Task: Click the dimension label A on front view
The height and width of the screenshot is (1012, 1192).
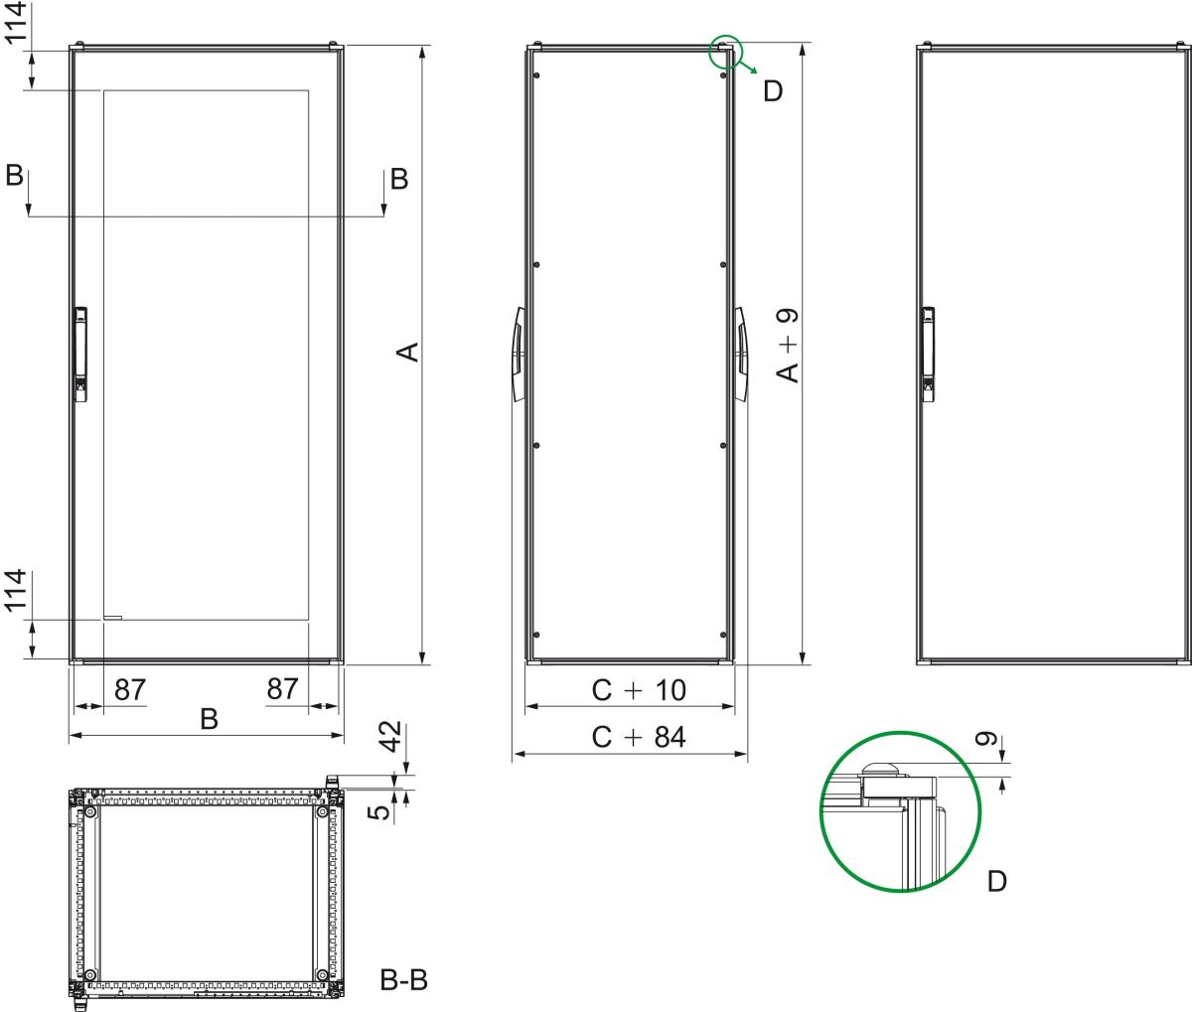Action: tap(408, 352)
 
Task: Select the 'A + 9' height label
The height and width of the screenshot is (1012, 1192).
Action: tap(787, 345)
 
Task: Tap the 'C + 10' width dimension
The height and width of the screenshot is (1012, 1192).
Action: tap(639, 689)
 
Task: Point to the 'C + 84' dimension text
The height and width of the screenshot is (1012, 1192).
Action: tap(639, 737)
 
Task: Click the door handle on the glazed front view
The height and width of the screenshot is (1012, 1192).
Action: tap(80, 354)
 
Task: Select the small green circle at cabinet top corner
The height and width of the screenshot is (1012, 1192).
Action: tap(725, 52)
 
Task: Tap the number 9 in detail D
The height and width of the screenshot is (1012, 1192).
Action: tap(985, 740)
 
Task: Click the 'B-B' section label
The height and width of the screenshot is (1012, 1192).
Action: tap(404, 980)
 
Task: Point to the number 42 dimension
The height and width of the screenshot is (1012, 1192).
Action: tap(391, 738)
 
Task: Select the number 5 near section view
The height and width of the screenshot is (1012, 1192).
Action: tap(378, 812)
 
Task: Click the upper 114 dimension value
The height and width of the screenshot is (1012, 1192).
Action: tap(14, 23)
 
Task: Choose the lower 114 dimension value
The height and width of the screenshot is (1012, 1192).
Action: tap(14, 593)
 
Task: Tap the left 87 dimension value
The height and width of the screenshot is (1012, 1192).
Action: tap(130, 689)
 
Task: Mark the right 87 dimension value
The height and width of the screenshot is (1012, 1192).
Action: tap(283, 689)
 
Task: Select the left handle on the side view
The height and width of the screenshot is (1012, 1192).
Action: tap(519, 354)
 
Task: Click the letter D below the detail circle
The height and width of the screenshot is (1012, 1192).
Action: tap(997, 881)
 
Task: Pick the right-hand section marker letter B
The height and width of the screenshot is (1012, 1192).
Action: tap(398, 179)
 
